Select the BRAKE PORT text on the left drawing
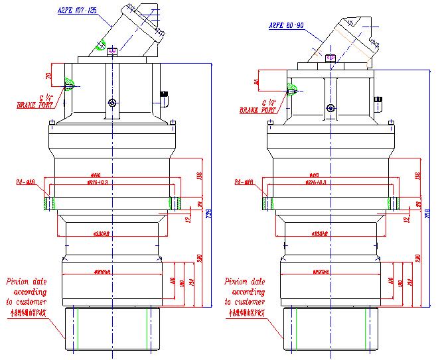click(37, 105)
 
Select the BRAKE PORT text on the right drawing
click(257, 111)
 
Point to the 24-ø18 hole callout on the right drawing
click(243, 180)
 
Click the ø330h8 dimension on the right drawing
click(330, 234)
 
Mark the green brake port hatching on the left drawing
click(69, 83)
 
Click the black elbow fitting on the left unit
click(163, 97)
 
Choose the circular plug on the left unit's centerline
click(111, 103)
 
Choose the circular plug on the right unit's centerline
click(330, 107)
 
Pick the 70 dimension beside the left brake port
click(48, 75)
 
